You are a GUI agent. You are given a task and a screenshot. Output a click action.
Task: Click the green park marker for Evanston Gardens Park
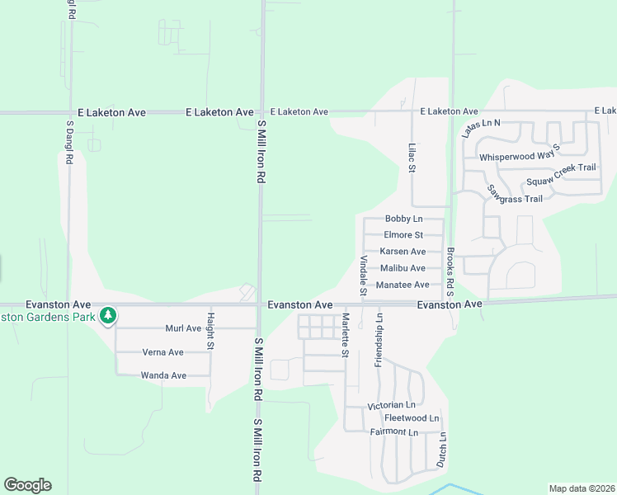(107, 315)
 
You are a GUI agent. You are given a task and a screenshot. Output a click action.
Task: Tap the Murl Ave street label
(183, 328)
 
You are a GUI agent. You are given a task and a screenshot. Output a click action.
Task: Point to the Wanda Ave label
(163, 375)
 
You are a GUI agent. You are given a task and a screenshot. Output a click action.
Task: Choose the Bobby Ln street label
(403, 219)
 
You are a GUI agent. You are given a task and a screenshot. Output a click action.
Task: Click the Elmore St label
(403, 235)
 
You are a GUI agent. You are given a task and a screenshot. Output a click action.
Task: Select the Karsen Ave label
(403, 252)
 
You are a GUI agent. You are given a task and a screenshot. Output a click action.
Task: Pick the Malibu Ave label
(403, 268)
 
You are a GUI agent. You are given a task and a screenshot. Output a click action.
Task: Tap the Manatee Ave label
(403, 285)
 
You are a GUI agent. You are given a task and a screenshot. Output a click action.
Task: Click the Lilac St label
(412, 157)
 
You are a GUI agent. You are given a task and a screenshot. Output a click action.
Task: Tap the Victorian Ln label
(392, 405)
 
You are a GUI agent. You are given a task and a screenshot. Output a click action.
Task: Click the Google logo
(27, 485)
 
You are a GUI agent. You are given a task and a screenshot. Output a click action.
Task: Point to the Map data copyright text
(582, 488)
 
